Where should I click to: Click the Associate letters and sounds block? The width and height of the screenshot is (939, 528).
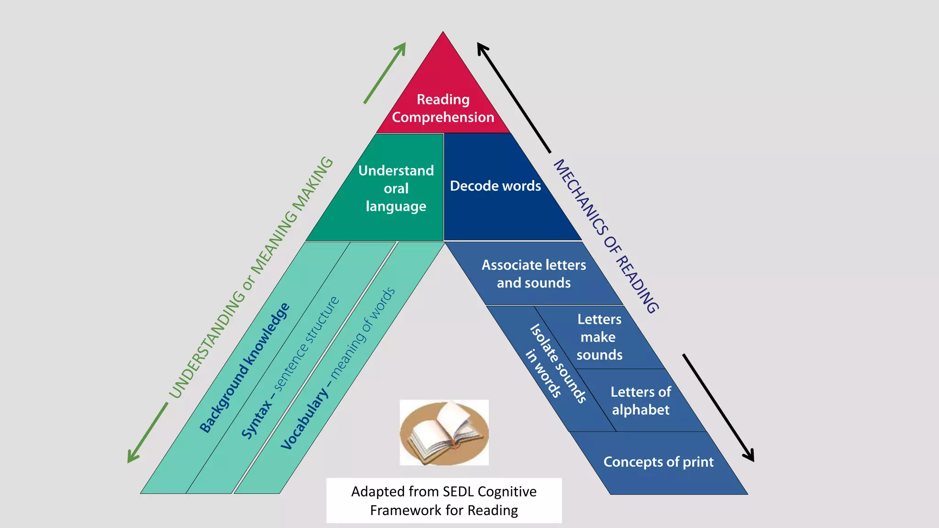pos(534,274)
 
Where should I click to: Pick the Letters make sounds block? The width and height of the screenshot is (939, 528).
pos(599,337)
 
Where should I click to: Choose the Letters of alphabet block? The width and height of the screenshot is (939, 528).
pos(641,401)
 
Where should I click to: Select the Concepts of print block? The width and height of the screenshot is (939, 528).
pos(658,462)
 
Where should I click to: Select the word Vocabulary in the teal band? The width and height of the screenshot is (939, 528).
pos(304,420)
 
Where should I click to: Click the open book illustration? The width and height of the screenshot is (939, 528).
pos(444,432)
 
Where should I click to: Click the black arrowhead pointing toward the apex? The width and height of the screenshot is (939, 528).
pos(482,48)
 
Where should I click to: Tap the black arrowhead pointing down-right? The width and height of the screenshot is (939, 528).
pos(749,456)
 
